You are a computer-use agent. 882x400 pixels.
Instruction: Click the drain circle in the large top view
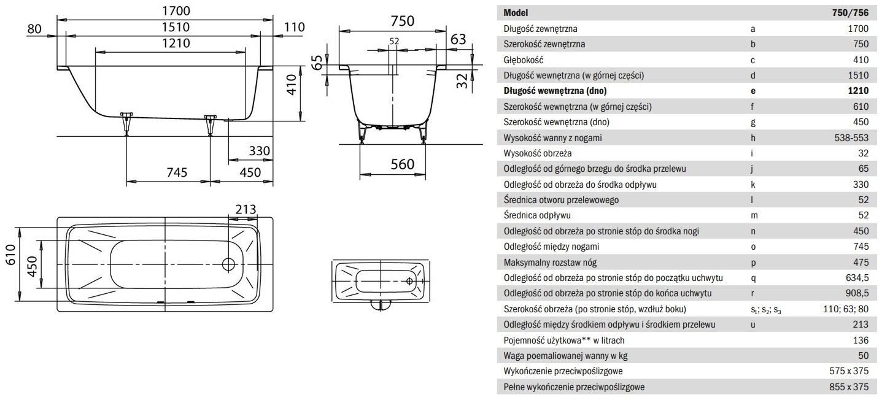228,265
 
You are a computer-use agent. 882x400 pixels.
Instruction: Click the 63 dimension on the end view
458,39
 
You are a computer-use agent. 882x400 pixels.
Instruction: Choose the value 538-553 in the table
849,138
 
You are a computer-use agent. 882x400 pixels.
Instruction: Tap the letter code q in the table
752,278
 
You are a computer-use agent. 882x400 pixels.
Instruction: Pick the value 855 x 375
848,387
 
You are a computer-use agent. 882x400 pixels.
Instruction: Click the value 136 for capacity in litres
861,340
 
